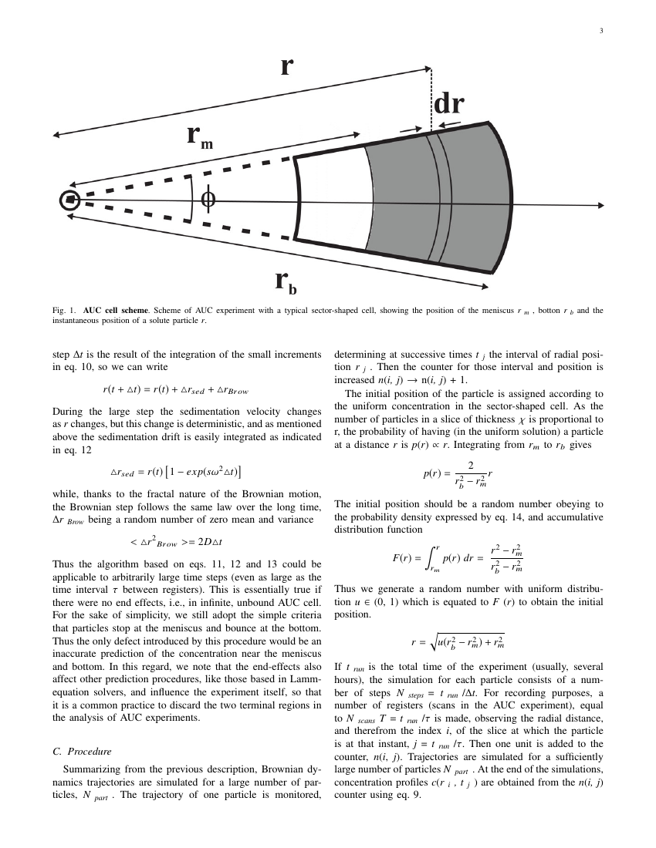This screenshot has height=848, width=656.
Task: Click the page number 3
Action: point(600,31)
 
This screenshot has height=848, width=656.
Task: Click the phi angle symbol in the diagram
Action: point(208,200)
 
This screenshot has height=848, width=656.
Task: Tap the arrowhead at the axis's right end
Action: point(599,206)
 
